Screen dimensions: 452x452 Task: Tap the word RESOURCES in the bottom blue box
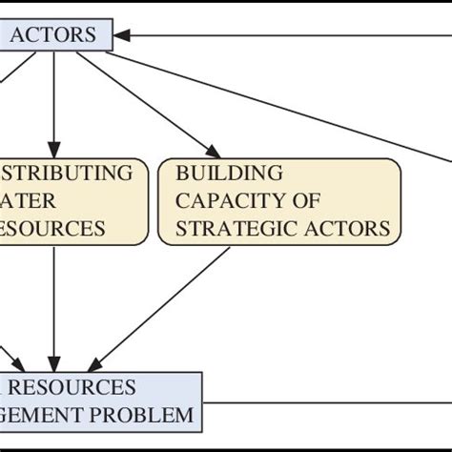[x=79, y=388]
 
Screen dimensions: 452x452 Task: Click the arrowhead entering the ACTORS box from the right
[x=122, y=36]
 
